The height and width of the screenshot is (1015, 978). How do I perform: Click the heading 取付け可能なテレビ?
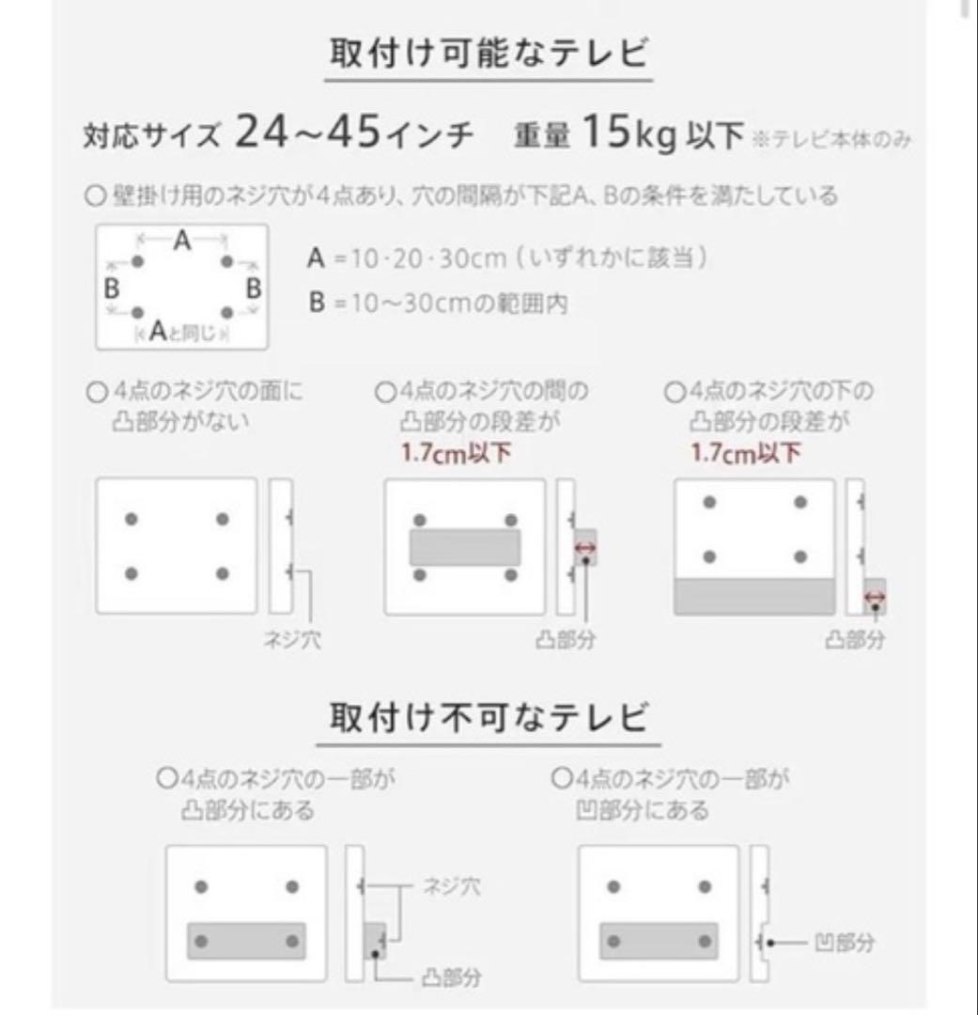tap(489, 53)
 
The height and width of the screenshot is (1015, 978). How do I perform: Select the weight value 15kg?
tap(628, 134)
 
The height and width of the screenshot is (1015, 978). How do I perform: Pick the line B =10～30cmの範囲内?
tap(438, 304)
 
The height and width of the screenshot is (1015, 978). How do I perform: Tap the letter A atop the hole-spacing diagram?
tap(182, 242)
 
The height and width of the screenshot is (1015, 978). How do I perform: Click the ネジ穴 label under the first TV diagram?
tap(291, 641)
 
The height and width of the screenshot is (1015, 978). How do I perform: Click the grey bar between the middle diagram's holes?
tap(464, 547)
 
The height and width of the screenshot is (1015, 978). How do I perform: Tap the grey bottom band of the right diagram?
tap(754, 597)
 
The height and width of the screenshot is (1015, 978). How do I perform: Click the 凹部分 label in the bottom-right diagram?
tap(845, 942)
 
